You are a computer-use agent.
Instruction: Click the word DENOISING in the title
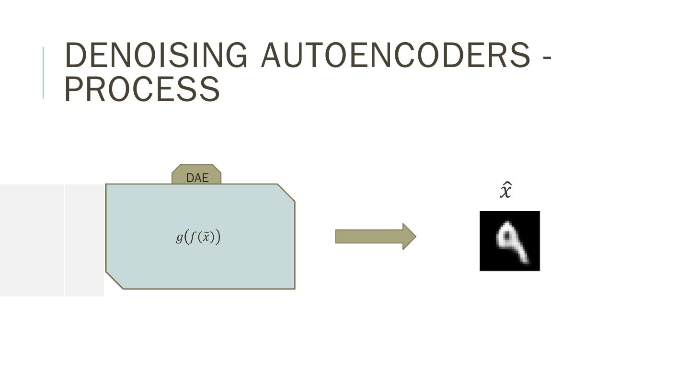[156, 55]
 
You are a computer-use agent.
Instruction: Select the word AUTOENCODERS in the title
[395, 55]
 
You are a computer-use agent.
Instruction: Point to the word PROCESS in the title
[142, 89]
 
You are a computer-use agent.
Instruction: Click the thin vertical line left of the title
[43, 73]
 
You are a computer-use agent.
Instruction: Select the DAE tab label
[197, 178]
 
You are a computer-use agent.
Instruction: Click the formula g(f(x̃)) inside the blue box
[198, 237]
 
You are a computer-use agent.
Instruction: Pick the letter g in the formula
[179, 237]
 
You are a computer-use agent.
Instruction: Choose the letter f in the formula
[193, 237]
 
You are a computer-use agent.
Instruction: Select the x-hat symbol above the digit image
[506, 191]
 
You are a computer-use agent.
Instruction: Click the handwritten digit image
[509, 241]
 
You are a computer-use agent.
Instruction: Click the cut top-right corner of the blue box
[286, 193]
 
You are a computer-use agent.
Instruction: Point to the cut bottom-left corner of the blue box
[115, 280]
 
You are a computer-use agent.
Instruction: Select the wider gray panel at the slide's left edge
[32, 240]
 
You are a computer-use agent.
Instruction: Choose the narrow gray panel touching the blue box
[84, 240]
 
